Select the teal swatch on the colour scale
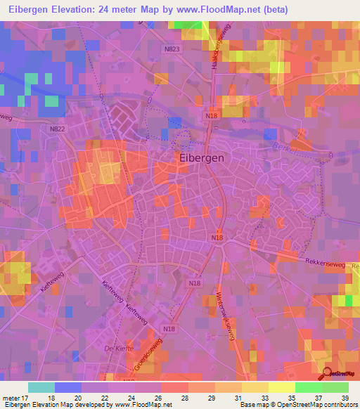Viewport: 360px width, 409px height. pos(41,387)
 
